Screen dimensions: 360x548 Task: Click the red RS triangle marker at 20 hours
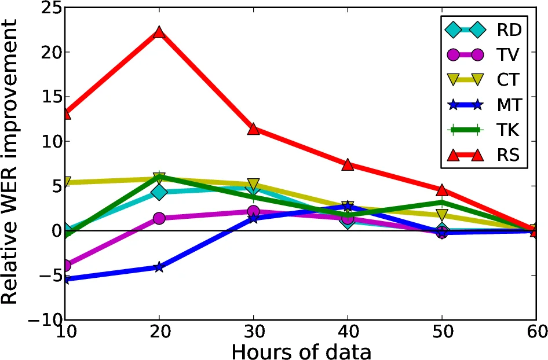tap(159, 32)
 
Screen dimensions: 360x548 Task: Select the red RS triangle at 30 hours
tap(253, 128)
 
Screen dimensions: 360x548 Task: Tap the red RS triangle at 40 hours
tap(348, 164)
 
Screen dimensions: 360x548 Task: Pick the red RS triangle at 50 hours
tap(442, 190)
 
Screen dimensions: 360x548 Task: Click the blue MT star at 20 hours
tap(159, 267)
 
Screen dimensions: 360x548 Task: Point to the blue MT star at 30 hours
tap(253, 218)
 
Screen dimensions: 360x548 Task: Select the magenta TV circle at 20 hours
tap(159, 218)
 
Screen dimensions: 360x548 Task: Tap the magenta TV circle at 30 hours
tap(253, 212)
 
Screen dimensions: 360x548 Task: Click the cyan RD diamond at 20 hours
tap(159, 192)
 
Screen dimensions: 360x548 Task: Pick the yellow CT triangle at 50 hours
tap(442, 215)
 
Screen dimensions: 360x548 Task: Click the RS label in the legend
tap(509, 155)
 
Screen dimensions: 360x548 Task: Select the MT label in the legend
tap(509, 105)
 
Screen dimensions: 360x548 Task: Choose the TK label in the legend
tap(509, 130)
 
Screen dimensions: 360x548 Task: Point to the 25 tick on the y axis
tap(44, 8)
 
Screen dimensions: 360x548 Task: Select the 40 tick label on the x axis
tap(348, 333)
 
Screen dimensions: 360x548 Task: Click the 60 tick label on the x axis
tap(535, 333)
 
